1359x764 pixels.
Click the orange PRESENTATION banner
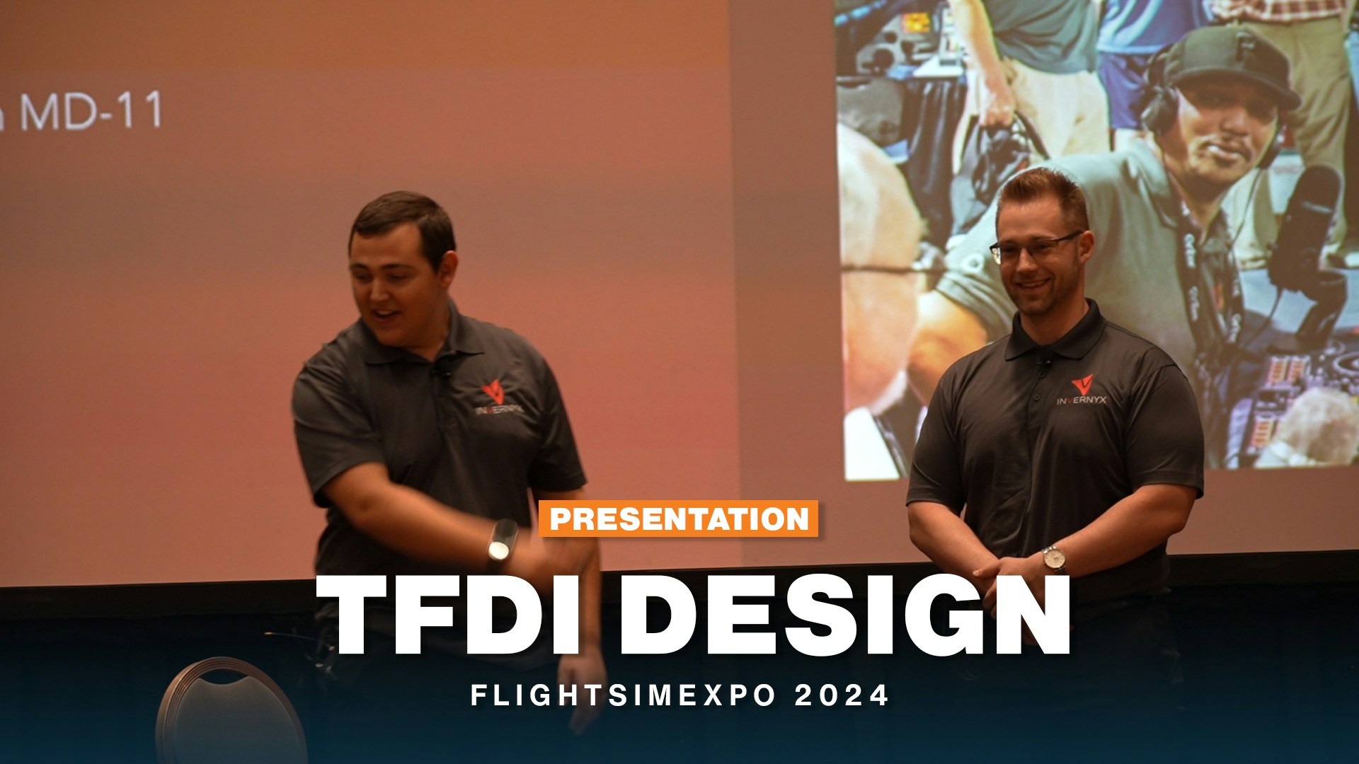pyautogui.click(x=679, y=519)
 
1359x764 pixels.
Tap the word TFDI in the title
pyautogui.click(x=454, y=615)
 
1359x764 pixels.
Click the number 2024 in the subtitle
pyautogui.click(x=842, y=695)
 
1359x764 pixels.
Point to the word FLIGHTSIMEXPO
pyautogui.click(x=624, y=695)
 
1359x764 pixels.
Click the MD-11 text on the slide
pyautogui.click(x=92, y=111)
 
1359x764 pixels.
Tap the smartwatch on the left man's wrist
pyautogui.click(x=501, y=541)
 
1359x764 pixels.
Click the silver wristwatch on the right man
pyautogui.click(x=1054, y=559)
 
